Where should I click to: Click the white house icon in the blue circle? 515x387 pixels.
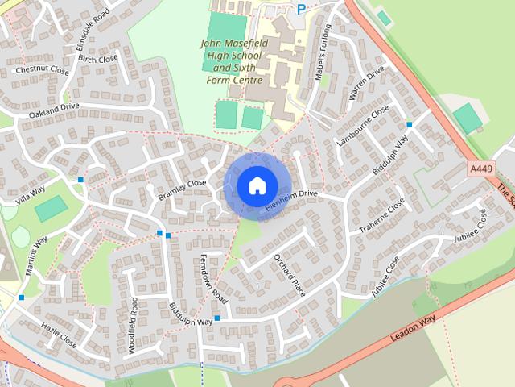pyautogui.click(x=256, y=186)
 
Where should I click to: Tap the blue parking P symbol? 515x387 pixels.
pyautogui.click(x=301, y=10)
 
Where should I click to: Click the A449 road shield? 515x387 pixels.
pyautogui.click(x=480, y=169)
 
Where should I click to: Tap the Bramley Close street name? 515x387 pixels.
pyautogui.click(x=182, y=188)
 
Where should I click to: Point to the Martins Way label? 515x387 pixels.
pyautogui.click(x=37, y=256)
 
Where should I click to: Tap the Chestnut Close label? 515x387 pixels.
pyautogui.click(x=41, y=70)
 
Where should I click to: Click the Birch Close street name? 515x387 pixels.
pyautogui.click(x=97, y=59)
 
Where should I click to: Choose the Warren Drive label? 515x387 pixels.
pyautogui.click(x=367, y=82)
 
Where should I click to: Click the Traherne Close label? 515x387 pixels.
pyautogui.click(x=382, y=217)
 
